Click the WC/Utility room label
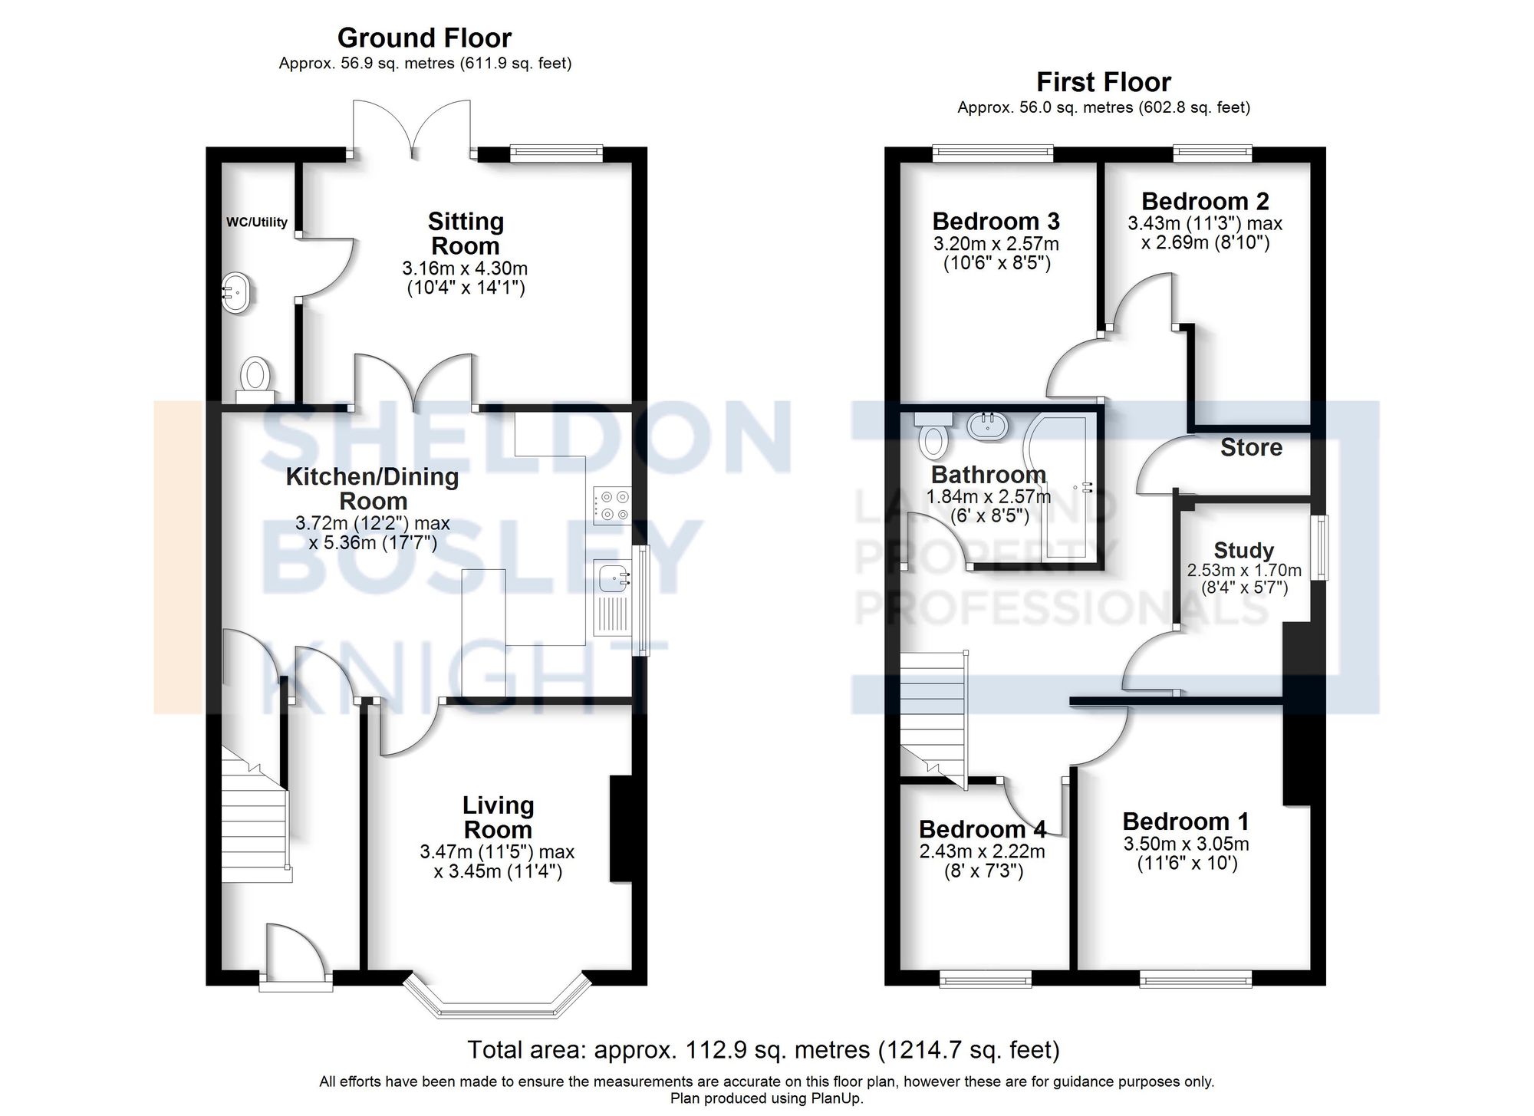[256, 222]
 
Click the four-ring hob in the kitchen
[611, 506]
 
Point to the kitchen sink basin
[611, 577]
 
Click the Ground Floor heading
[424, 38]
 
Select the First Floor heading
[1103, 82]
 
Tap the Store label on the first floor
[1250, 447]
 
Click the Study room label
[1243, 550]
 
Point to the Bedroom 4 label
[982, 829]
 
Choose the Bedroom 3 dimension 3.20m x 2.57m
[996, 244]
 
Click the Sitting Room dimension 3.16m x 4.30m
[465, 268]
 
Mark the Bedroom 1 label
[1185, 821]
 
